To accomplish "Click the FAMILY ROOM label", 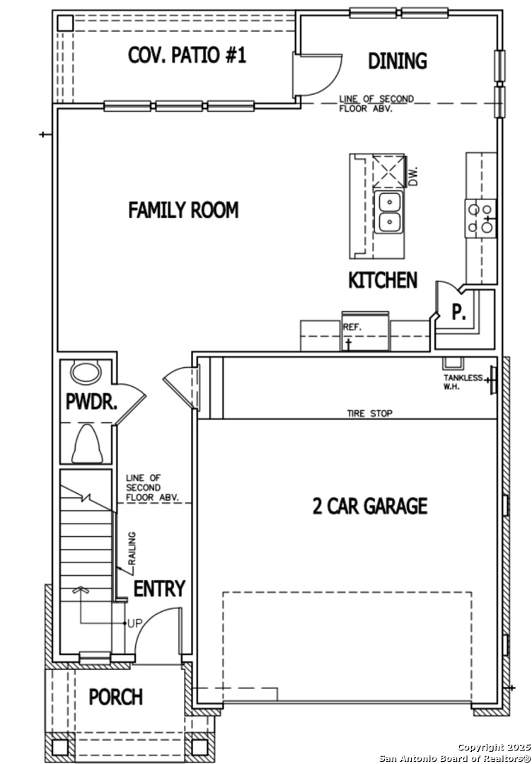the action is coord(183,210).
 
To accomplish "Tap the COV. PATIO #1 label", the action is coord(187,55).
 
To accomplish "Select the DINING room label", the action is coord(398,62).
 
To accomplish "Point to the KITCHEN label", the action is coord(383,280).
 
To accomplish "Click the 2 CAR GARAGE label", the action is coord(370,507).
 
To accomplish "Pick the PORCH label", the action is coord(116,698).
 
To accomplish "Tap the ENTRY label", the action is coord(159,589).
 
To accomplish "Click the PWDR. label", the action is coord(91,403).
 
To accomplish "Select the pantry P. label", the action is coord(458,312).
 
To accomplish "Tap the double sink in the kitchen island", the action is coord(389,212).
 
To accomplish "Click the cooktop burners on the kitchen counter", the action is coord(480,219).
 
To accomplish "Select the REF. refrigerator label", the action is coord(352,328).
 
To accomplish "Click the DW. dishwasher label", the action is coord(414,176).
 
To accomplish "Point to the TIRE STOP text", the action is coord(370,414).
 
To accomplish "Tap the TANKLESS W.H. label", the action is coord(463,382).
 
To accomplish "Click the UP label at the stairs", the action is coord(135,624).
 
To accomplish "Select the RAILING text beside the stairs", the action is coord(132,549).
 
